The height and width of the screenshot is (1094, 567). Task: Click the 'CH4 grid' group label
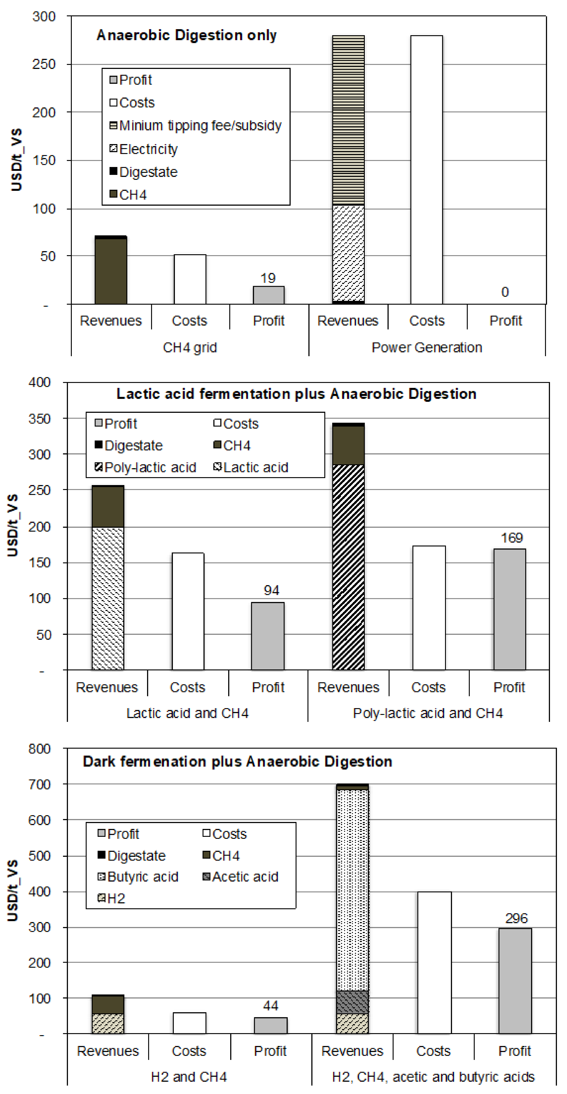190,347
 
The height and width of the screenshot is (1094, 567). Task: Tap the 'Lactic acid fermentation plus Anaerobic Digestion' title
296,394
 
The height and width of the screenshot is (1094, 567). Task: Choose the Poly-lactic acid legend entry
150,467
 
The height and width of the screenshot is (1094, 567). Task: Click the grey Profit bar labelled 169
509,610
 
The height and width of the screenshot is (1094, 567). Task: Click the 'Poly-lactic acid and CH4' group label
428,713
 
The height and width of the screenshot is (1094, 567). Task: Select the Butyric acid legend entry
143,877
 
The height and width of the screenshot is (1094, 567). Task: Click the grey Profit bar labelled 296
515,981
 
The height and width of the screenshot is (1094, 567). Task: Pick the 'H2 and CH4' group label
189,1077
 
